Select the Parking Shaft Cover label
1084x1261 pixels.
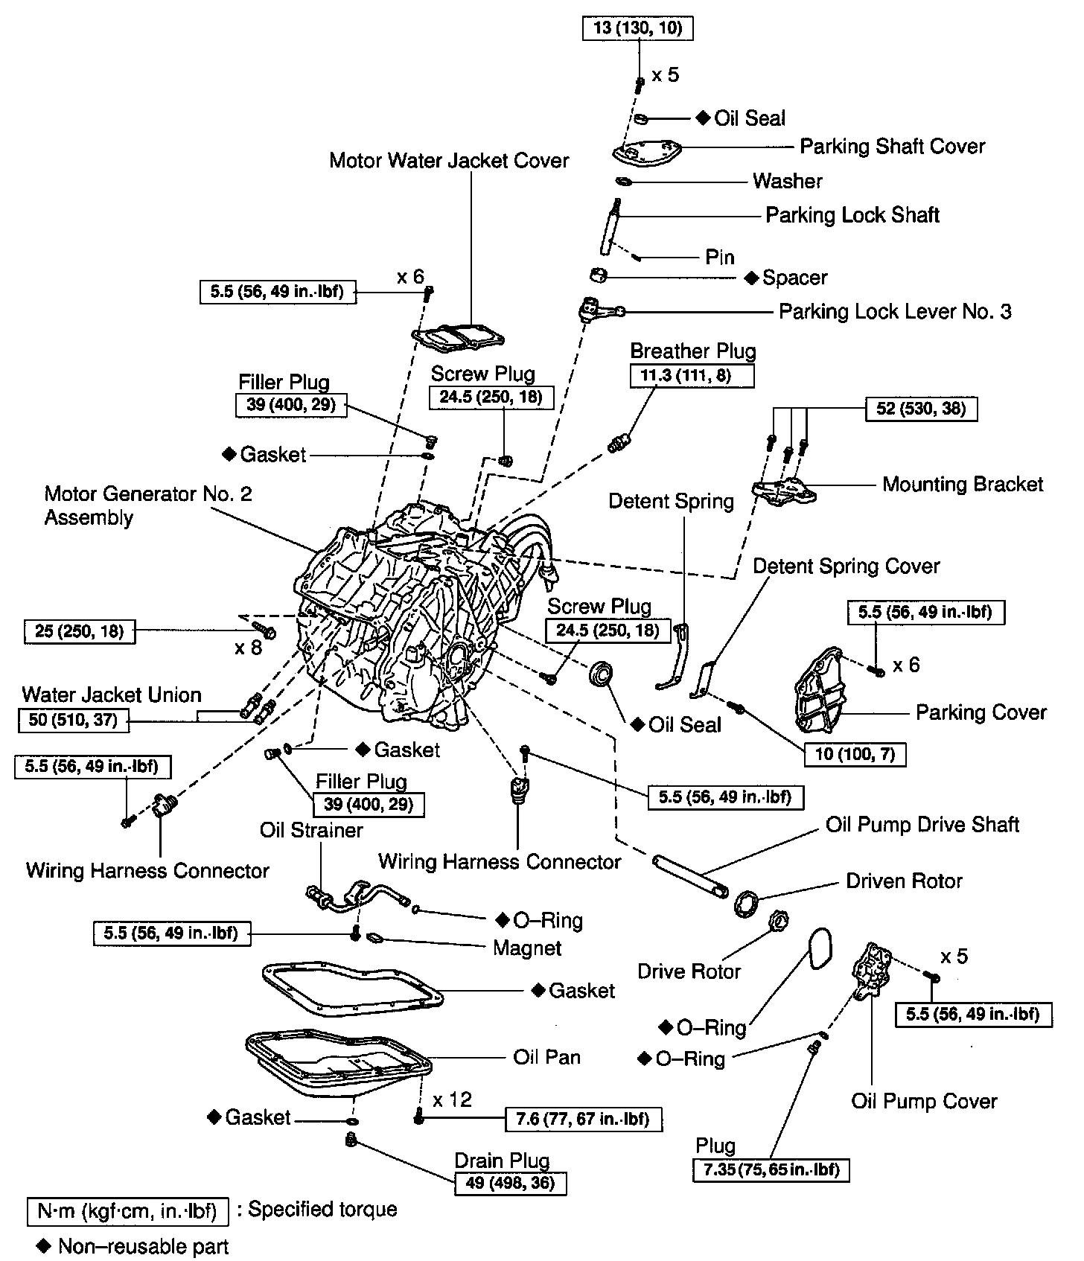892,146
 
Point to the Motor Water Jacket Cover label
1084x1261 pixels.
449,161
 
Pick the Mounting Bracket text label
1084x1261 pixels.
963,485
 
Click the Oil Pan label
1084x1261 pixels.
546,1057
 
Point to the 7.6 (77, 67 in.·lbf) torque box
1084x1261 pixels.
583,1119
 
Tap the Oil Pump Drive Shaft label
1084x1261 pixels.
922,825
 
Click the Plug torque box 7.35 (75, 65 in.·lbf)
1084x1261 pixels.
771,1169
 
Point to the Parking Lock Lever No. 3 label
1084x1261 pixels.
895,311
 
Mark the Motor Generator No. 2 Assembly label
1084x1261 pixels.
147,505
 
